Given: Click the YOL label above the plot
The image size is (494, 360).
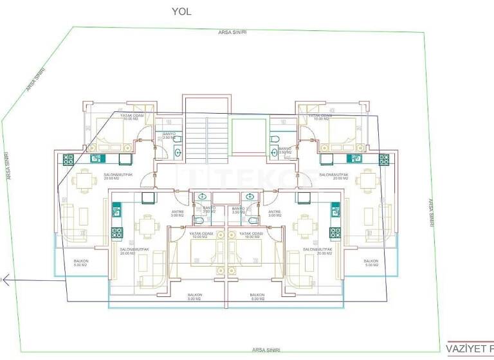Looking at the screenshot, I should pos(181,11).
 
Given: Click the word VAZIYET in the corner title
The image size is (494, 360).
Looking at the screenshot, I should pos(464,348).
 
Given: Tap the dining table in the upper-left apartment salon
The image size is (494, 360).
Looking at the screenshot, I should pos(84,181).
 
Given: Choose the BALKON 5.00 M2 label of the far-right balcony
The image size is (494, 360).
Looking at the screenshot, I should pos(372,262).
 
